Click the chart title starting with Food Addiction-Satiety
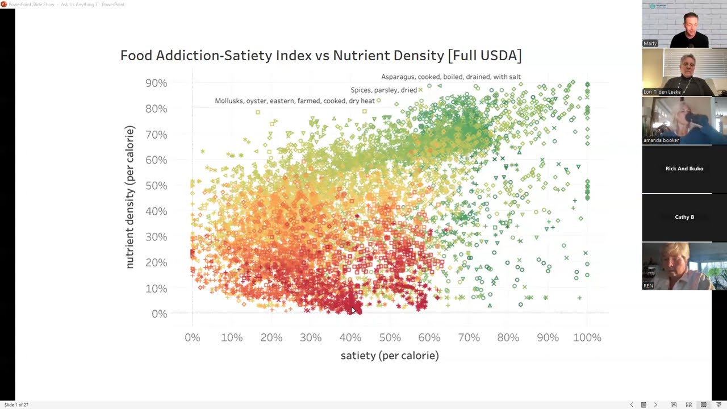coord(320,56)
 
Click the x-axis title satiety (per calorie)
coord(390,356)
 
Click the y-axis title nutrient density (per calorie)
coord(130,197)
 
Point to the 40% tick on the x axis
coord(350,337)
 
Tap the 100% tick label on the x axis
coord(587,337)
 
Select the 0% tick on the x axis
coord(193,337)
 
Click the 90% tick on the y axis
coord(156,83)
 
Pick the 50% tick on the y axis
coord(156,186)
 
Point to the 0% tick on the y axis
coord(159,314)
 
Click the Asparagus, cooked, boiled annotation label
coord(450,77)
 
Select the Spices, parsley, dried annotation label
coord(383,90)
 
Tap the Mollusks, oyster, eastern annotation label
coord(294,101)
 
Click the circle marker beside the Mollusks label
coord(379,101)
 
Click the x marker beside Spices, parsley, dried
coord(420,90)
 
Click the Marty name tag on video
coord(650,43)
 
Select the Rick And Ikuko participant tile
coord(684,169)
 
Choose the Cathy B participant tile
coord(684,217)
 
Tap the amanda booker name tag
coord(661,140)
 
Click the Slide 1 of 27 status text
coord(16,405)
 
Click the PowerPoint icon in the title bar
coord(4,5)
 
